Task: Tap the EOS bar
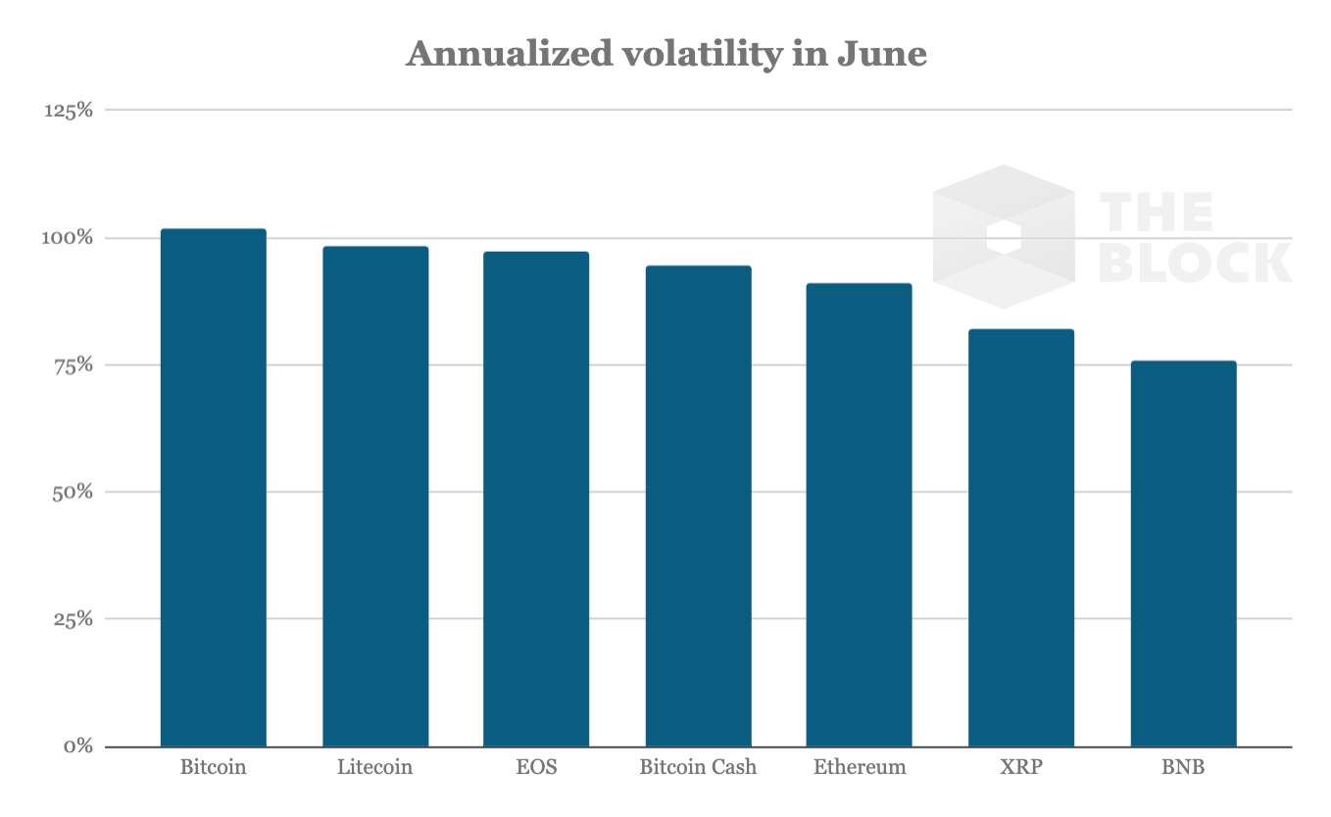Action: (x=536, y=499)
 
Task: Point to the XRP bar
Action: (x=1021, y=538)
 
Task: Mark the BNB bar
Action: (x=1183, y=553)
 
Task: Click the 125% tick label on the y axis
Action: (x=69, y=111)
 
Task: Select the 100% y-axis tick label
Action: (x=69, y=238)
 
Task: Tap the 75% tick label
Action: (x=73, y=365)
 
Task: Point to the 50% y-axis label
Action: (x=73, y=492)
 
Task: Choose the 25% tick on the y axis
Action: (x=73, y=619)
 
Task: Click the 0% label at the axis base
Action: (x=78, y=746)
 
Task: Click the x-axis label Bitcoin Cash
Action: (x=698, y=767)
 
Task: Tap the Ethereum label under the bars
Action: (x=860, y=767)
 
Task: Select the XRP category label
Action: (x=1021, y=767)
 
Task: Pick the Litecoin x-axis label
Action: (x=375, y=767)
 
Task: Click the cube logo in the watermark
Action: (x=1004, y=237)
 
